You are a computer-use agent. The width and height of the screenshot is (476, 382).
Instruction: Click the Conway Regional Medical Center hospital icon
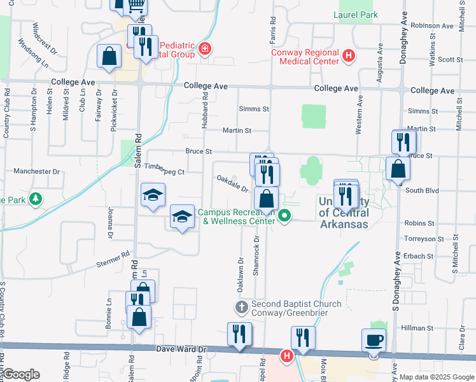click(x=348, y=56)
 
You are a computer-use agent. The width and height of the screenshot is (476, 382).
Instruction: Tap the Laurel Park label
click(x=355, y=14)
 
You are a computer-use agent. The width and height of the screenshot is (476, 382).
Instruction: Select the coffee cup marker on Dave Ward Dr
click(x=374, y=339)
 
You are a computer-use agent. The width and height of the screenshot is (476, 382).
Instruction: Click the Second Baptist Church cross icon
click(x=241, y=308)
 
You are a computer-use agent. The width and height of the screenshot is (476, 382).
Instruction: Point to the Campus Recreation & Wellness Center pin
click(x=284, y=217)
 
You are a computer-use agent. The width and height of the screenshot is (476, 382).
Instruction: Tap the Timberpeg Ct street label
click(x=164, y=172)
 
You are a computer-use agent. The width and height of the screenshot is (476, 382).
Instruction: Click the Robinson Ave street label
click(x=432, y=25)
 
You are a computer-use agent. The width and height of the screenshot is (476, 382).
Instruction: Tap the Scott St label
click(x=450, y=59)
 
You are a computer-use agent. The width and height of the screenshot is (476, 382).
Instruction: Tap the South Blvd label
click(x=423, y=190)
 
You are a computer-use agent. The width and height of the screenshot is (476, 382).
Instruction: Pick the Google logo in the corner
click(x=20, y=374)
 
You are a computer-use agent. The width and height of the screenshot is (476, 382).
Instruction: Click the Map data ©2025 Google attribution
click(x=437, y=377)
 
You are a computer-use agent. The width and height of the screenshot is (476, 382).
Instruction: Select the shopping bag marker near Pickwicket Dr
click(x=109, y=56)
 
